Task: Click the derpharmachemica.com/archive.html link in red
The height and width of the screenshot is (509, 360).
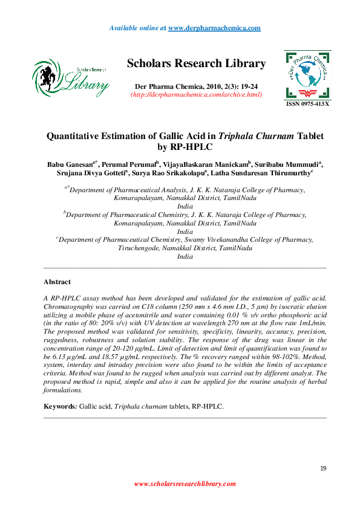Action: pyautogui.click(x=196, y=94)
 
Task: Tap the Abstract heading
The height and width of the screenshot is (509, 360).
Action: pyautogui.click(x=57, y=282)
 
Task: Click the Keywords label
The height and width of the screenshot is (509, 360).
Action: pyautogui.click(x=60, y=406)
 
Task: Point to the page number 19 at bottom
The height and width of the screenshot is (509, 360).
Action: pyautogui.click(x=322, y=468)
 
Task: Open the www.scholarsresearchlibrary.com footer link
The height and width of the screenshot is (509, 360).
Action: pyautogui.click(x=185, y=484)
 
